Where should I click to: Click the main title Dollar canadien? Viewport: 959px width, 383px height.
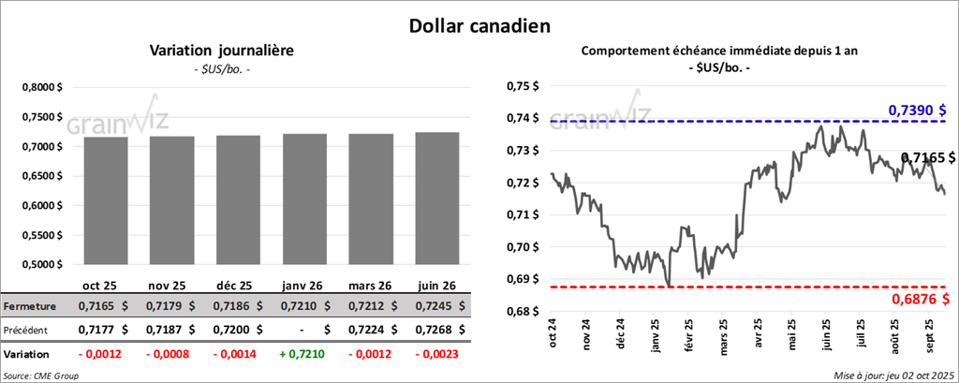[x=479, y=25]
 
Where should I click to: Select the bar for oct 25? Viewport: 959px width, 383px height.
[x=105, y=200]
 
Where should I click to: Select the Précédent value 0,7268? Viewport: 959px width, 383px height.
[x=431, y=331]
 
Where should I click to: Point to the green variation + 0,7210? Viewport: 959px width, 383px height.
[x=302, y=356]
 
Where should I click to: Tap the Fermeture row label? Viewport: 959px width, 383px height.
[x=31, y=306]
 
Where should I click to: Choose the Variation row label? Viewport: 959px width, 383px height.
[x=27, y=356]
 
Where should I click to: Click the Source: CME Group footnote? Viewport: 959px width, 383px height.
[x=41, y=375]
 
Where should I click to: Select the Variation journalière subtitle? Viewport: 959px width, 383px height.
[x=222, y=51]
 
